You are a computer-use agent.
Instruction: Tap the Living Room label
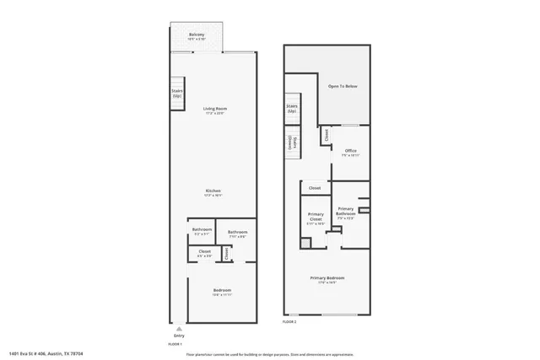[214, 110]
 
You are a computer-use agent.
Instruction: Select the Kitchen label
[213, 192]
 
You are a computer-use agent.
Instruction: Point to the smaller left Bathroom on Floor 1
[201, 231]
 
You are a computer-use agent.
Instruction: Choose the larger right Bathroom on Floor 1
[237, 234]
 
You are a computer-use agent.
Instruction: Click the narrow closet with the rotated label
[226, 253]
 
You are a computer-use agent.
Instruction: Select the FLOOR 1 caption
[175, 344]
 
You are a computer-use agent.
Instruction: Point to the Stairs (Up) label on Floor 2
[292, 109]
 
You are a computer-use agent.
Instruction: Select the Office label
[350, 153]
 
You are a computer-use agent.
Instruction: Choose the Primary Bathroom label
[345, 212]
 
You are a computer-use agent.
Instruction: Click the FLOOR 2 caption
[289, 321]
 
